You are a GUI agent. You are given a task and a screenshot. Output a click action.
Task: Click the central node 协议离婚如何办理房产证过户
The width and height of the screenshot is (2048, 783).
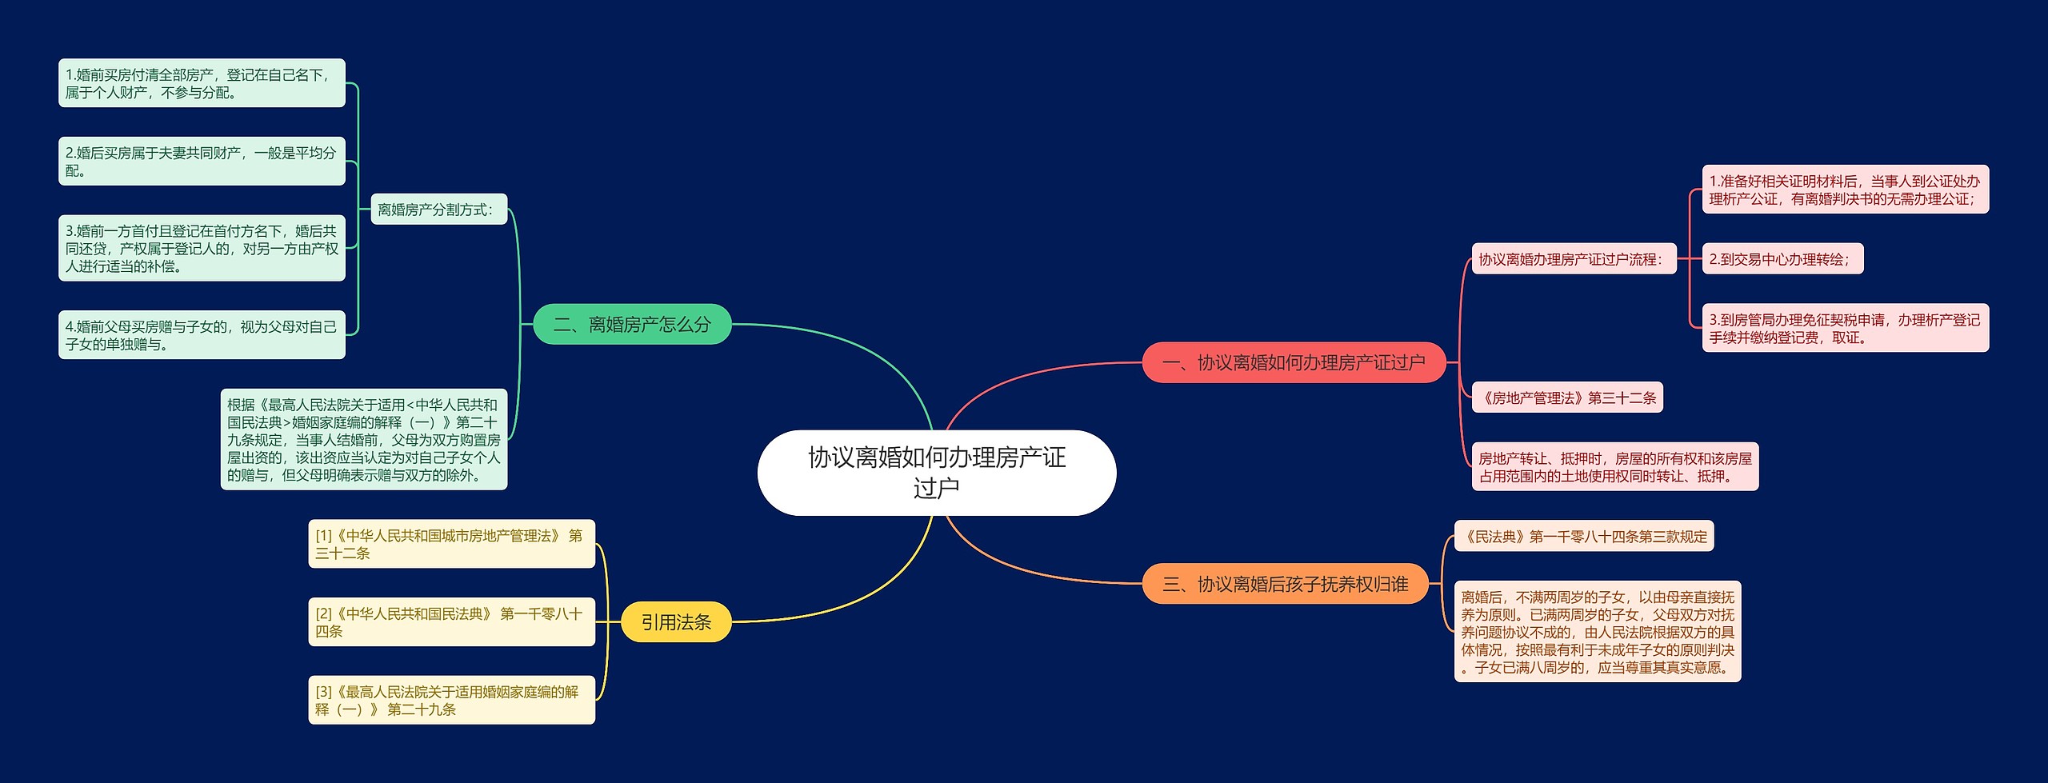pyautogui.click(x=936, y=472)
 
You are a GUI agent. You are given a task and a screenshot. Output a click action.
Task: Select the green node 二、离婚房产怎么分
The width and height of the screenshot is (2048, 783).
pyautogui.click(x=632, y=324)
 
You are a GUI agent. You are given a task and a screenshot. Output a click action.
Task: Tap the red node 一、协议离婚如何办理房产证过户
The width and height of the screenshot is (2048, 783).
pyautogui.click(x=1293, y=362)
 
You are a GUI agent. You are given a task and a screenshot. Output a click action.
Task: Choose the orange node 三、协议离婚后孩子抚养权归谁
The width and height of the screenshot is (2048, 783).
pyautogui.click(x=1285, y=584)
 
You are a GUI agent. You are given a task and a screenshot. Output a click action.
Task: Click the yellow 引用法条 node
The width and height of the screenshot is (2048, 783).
pyautogui.click(x=676, y=622)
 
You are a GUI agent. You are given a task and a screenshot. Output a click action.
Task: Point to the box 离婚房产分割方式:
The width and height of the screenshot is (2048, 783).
pyautogui.click(x=438, y=210)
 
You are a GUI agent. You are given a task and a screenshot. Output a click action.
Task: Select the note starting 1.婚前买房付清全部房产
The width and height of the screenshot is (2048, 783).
pyautogui.click(x=202, y=83)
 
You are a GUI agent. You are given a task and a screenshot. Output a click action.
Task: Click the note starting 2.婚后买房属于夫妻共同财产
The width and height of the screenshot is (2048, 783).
pyautogui.click(x=202, y=161)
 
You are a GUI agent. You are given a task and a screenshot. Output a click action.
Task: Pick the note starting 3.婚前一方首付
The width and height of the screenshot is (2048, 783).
pyautogui.click(x=202, y=248)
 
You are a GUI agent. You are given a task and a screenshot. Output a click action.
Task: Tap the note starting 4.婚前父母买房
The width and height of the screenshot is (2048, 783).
pyautogui.click(x=202, y=335)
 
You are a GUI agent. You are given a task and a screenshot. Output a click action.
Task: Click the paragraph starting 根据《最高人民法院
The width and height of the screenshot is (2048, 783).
pyautogui.click(x=364, y=439)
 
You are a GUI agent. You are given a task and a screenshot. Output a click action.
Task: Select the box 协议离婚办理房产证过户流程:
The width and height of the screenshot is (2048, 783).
pyautogui.click(x=1574, y=259)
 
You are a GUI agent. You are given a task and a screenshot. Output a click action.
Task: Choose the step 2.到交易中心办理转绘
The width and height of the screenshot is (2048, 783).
pyautogui.click(x=1782, y=259)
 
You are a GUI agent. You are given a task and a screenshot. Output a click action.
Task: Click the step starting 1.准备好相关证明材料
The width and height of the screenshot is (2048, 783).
pyautogui.click(x=1845, y=190)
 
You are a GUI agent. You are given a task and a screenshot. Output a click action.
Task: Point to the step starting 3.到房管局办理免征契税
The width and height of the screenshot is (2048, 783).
pyautogui.click(x=1845, y=328)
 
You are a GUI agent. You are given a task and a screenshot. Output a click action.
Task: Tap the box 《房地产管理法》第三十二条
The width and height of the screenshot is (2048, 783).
pyautogui.click(x=1567, y=397)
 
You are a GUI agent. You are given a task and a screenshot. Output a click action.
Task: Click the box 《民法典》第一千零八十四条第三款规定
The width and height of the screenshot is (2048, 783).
pyautogui.click(x=1584, y=536)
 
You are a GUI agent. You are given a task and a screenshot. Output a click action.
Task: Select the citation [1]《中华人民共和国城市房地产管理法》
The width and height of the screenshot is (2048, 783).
pyautogui.click(x=451, y=544)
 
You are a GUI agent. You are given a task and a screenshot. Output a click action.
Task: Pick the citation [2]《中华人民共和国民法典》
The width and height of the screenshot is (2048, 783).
pyautogui.click(x=451, y=621)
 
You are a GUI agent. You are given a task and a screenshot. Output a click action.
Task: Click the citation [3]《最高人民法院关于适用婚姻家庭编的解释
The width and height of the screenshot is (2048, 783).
pyautogui.click(x=451, y=700)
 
